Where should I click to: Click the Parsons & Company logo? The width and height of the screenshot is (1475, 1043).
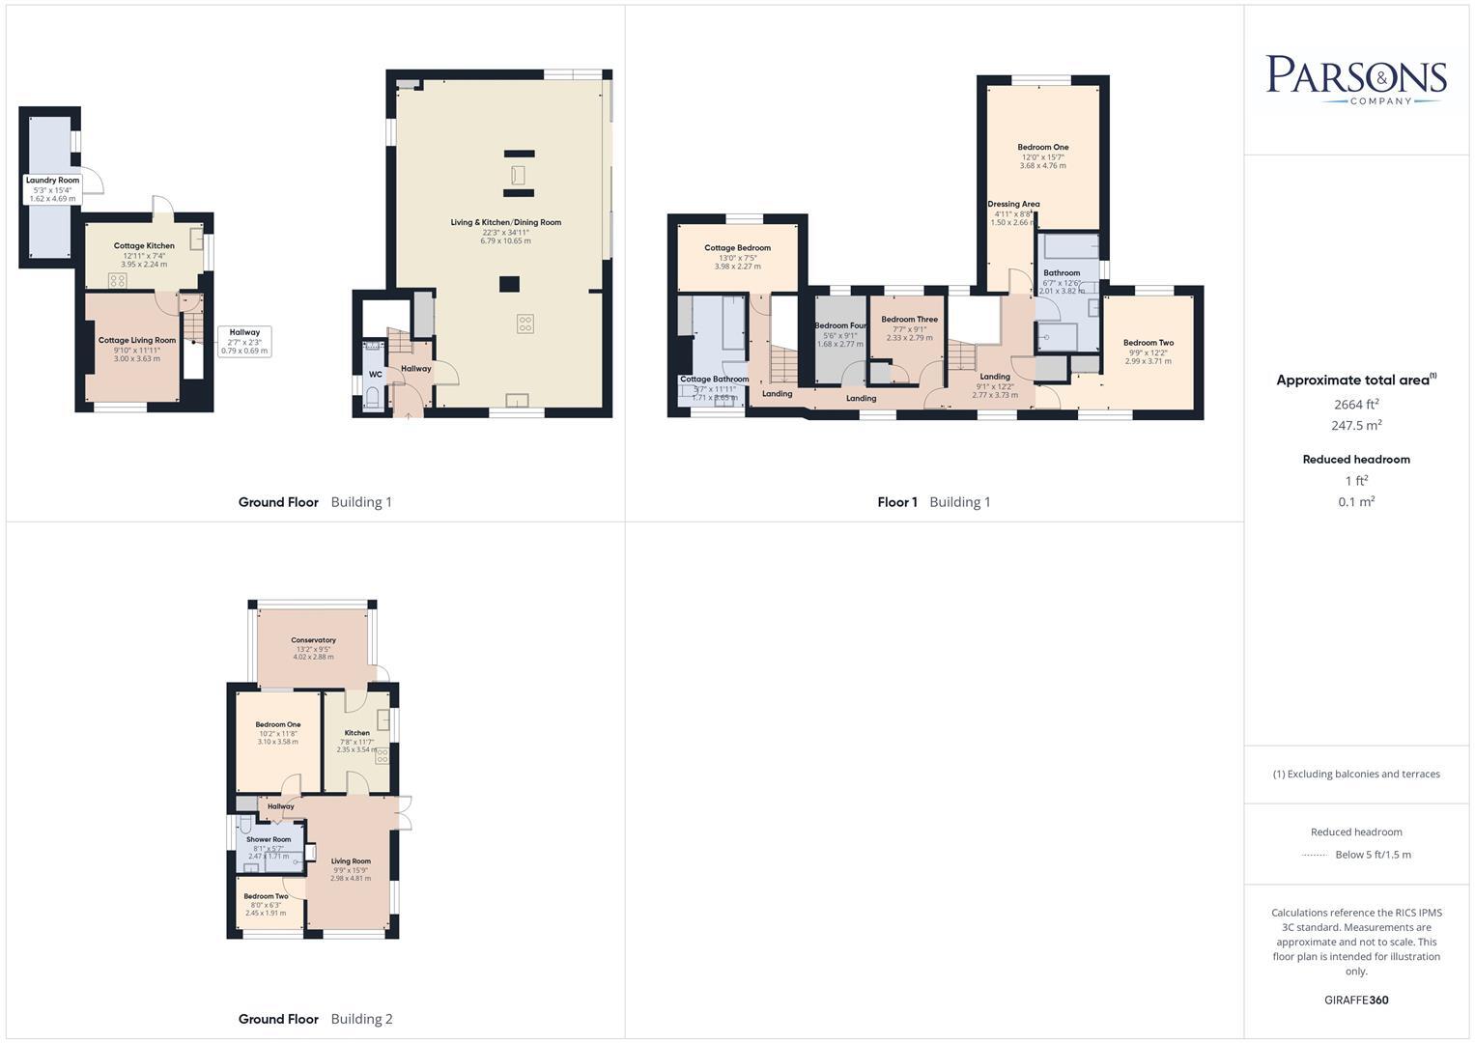[x=1355, y=79]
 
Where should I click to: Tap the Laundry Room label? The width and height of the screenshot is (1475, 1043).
[x=52, y=181]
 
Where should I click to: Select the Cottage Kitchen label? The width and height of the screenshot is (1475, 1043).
[x=144, y=246]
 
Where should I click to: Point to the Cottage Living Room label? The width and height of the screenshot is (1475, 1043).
[x=137, y=340]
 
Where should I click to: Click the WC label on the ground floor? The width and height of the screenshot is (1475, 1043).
[x=375, y=374]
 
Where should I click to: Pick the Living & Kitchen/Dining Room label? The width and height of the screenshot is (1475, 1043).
[x=505, y=223]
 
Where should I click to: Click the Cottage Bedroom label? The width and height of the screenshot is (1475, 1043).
[x=737, y=248]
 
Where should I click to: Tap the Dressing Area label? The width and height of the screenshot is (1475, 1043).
[x=1013, y=205]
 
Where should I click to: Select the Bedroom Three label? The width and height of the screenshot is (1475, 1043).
[x=909, y=320]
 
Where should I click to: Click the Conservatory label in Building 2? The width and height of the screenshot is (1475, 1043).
[x=313, y=640]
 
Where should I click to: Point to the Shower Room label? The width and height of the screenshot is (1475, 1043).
[x=269, y=839]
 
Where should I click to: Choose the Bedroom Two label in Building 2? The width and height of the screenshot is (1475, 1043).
[x=266, y=896]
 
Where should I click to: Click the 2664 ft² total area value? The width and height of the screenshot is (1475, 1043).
[x=1356, y=405]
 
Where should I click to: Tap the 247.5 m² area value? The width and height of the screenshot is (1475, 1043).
[x=1356, y=425]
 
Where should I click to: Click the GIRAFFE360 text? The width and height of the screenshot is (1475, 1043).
[x=1356, y=1000]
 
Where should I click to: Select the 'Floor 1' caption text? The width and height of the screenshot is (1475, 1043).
[x=897, y=502]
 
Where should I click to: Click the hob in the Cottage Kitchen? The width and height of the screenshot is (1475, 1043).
[x=117, y=280]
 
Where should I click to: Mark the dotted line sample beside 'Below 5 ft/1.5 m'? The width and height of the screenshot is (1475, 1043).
[x=1315, y=855]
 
